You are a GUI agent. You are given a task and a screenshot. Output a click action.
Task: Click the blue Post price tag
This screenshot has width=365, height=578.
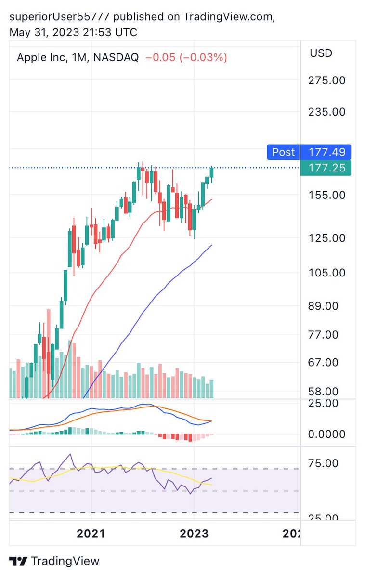(x=283, y=152)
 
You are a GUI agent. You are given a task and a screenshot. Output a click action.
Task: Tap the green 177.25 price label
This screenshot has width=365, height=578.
(x=326, y=168)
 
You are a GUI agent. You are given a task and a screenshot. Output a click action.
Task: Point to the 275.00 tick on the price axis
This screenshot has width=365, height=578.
(x=327, y=80)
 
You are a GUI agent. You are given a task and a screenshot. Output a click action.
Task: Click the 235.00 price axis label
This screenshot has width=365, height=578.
(x=327, y=112)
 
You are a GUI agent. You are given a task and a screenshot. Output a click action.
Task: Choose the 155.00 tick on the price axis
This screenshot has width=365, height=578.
(x=327, y=195)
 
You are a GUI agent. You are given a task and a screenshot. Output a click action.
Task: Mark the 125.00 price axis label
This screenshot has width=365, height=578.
(x=327, y=238)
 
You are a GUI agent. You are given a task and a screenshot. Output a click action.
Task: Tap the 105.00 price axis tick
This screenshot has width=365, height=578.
(x=327, y=273)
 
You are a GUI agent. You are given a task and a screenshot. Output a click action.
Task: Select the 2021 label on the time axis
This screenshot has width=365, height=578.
(x=91, y=534)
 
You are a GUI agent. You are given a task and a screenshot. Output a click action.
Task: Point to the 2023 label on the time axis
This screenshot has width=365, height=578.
(x=194, y=534)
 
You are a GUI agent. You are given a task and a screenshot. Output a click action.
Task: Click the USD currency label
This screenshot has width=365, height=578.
(x=321, y=53)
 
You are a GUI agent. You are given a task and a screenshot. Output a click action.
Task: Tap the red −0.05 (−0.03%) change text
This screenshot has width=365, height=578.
(x=186, y=58)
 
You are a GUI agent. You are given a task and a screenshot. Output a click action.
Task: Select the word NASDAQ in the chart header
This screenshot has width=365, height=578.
(x=116, y=58)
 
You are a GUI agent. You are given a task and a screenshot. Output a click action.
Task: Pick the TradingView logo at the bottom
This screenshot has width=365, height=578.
(x=54, y=561)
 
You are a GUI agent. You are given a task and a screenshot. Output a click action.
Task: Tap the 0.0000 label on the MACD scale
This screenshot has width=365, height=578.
(x=327, y=434)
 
